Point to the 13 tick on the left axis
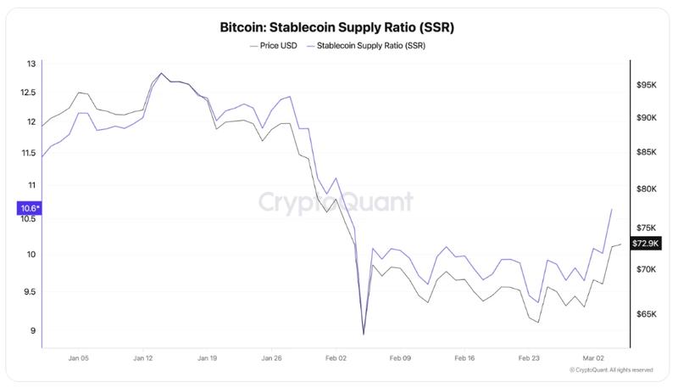click(31, 64)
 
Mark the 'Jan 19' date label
click(207, 359)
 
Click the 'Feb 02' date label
click(336, 359)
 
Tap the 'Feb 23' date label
click(530, 359)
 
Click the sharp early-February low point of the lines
click(364, 335)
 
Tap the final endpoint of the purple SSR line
click(612, 209)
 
